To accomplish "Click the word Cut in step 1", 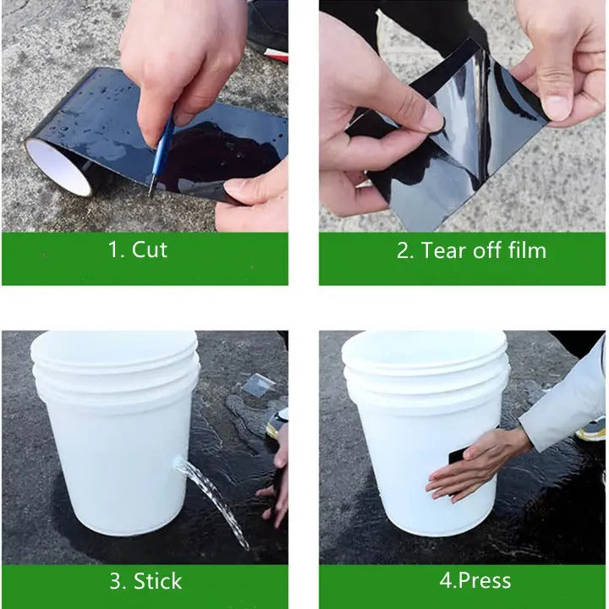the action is click(150, 250).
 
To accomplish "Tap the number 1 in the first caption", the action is click(112, 250).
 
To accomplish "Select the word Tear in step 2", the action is click(444, 250).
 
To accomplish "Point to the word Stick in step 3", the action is click(157, 581).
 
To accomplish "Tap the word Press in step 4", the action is click(485, 580).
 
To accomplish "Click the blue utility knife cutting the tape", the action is click(162, 155).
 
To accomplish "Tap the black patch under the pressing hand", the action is click(458, 458).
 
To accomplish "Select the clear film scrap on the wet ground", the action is click(258, 386).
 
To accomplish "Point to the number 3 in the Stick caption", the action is click(115, 581).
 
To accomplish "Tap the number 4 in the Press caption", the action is click(445, 580).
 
